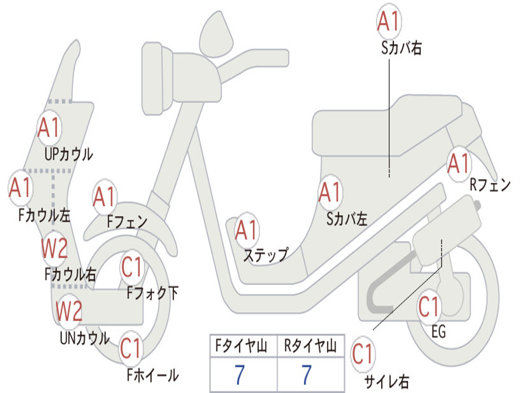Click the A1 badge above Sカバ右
[x=388, y=21]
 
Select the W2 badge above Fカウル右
[x=54, y=248]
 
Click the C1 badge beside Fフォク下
[x=132, y=267]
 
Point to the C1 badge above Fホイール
[x=130, y=348]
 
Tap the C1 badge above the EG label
[x=428, y=307]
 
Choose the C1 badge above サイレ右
[x=362, y=354]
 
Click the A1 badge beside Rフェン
[x=459, y=164]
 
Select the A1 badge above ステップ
[x=246, y=230]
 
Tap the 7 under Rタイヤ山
[x=307, y=375]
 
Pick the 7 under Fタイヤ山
[x=239, y=375]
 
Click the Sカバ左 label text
[x=346, y=219]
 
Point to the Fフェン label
[x=127, y=221]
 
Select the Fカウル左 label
[x=44, y=215]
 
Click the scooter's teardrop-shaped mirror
[x=216, y=34]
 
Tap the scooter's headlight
[x=153, y=79]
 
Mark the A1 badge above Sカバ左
[x=330, y=192]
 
